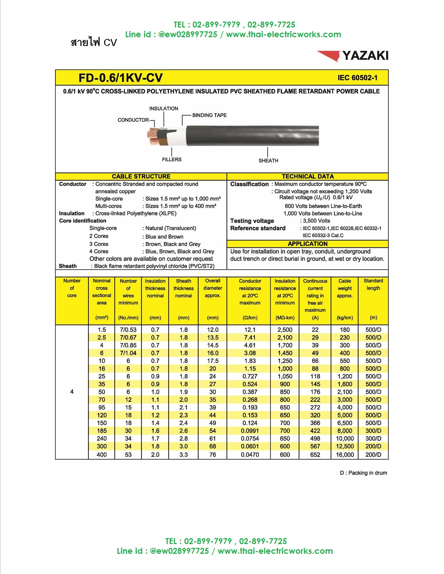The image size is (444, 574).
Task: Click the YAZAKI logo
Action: pyautogui.click(x=352, y=56)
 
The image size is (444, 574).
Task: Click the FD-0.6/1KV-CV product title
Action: pyautogui.click(x=120, y=78)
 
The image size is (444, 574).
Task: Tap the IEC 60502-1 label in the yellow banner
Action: pyautogui.click(x=357, y=78)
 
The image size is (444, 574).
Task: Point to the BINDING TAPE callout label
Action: pyautogui.click(x=209, y=115)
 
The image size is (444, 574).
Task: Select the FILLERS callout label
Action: pyautogui.click(x=172, y=159)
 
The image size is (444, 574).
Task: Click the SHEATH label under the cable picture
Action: pyautogui.click(x=268, y=160)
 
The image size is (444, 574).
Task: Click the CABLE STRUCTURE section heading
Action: pyautogui.click(x=141, y=176)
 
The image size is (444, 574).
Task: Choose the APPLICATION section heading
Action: pyautogui.click(x=307, y=244)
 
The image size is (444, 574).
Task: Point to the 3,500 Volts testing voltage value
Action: pyautogui.click(x=316, y=221)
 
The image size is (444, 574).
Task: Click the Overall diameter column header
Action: pyautogui.click(x=213, y=288)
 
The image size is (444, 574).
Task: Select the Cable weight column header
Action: pyautogui.click(x=345, y=288)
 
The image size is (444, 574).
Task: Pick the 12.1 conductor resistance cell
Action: pyautogui.click(x=250, y=330)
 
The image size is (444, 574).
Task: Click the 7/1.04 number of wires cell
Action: pyautogui.click(x=128, y=353)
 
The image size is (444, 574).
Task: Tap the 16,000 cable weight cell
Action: pyautogui.click(x=345, y=455)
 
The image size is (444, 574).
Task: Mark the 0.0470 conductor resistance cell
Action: pyautogui.click(x=250, y=455)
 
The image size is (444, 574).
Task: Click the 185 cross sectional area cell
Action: pyautogui.click(x=102, y=431)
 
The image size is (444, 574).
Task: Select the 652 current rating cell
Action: pyautogui.click(x=315, y=455)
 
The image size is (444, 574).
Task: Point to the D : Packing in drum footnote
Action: pyautogui.click(x=363, y=473)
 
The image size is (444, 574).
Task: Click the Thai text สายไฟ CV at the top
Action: pyautogui.click(x=94, y=42)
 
